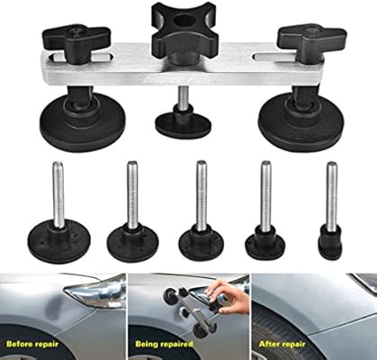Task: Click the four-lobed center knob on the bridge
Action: click(x=181, y=32)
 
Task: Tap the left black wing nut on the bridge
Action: click(x=79, y=41)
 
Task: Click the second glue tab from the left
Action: click(x=132, y=214)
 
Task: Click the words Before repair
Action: click(x=32, y=344)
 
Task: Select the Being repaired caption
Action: click(x=164, y=344)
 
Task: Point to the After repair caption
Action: click(x=282, y=344)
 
